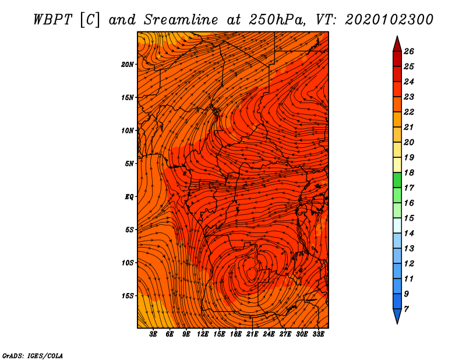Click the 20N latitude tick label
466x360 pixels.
[x=127, y=65]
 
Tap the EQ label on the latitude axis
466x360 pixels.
[x=129, y=197]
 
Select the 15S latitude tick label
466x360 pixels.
[x=128, y=296]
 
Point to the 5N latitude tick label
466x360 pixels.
[x=129, y=164]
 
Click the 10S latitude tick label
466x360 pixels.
[x=128, y=263]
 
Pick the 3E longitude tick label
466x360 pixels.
[x=153, y=334]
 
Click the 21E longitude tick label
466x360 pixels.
[x=252, y=334]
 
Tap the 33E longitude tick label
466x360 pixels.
[x=318, y=334]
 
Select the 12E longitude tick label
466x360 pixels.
[x=203, y=334]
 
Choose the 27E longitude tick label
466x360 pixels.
[x=285, y=334]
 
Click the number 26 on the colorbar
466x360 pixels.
[x=409, y=51]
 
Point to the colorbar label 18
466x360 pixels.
[x=409, y=172]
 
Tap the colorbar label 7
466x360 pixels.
[x=406, y=309]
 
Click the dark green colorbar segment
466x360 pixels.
[x=397, y=180]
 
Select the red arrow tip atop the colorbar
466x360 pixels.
[x=397, y=37]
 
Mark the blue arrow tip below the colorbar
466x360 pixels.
[x=397, y=323]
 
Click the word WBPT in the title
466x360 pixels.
[x=52, y=20]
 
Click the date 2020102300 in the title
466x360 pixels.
[x=389, y=20]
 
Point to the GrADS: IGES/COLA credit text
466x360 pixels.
[x=33, y=356]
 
